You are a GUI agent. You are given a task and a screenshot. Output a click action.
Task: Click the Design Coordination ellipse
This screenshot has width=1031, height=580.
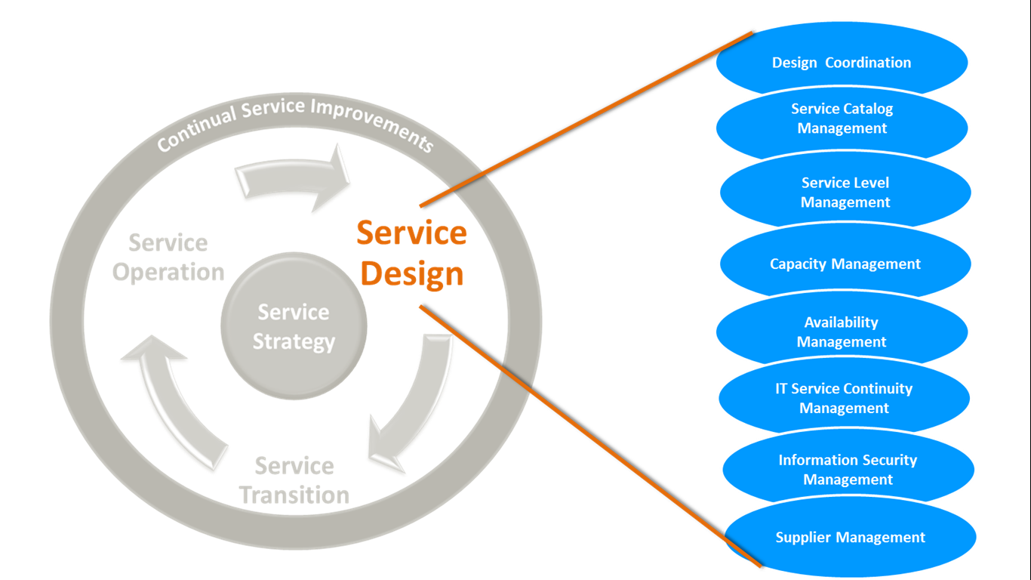(x=842, y=63)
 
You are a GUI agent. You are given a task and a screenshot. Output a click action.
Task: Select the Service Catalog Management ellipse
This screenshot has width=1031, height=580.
(x=842, y=119)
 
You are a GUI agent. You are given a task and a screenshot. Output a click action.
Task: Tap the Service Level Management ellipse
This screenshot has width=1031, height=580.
(x=845, y=193)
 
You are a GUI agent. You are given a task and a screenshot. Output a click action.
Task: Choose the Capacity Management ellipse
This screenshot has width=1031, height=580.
(x=845, y=264)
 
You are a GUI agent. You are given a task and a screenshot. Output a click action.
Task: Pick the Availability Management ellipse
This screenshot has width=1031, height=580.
(x=842, y=332)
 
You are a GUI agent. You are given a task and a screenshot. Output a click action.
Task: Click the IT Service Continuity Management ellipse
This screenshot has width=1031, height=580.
(x=844, y=398)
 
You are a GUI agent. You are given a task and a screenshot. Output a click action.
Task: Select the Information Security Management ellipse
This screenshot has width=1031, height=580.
(x=848, y=470)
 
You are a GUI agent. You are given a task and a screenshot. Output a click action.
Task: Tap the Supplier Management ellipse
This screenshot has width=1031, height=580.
(x=851, y=538)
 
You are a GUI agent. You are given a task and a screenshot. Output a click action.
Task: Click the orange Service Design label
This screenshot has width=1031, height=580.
(x=412, y=253)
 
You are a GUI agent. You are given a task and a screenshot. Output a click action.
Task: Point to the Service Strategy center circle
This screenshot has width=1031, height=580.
(x=294, y=326)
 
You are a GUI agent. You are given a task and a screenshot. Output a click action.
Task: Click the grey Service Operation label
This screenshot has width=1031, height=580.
(x=168, y=258)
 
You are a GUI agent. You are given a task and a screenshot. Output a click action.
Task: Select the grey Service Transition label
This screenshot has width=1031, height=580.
(x=294, y=480)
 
